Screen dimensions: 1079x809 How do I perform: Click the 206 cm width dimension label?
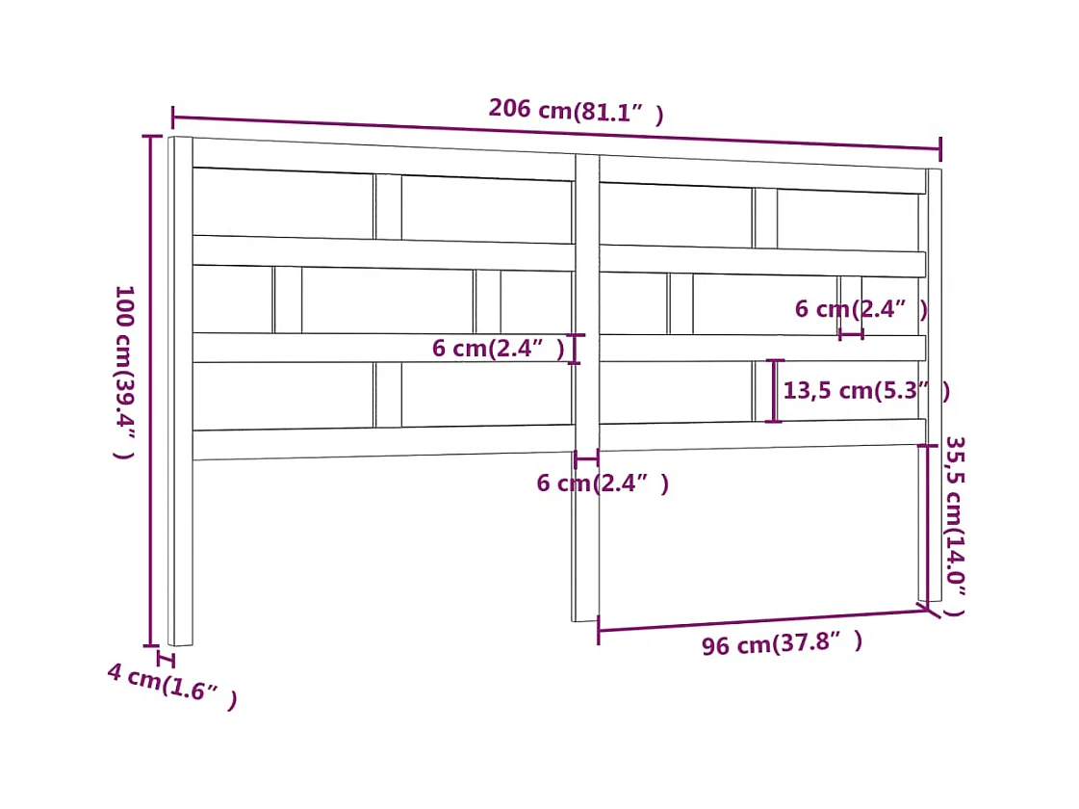coord(576,111)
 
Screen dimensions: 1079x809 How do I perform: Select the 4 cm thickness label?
coord(171,685)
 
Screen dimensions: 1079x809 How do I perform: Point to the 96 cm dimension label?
coord(781,642)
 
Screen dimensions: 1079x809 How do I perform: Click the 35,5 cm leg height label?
coord(953,526)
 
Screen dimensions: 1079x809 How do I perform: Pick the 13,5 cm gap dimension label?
coord(865,390)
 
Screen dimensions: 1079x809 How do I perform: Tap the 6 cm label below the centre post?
coord(602,483)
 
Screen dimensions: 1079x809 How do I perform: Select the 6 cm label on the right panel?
coord(861,309)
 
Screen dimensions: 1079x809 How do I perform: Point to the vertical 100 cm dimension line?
coord(151,390)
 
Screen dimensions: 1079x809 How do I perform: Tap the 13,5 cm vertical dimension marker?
coord(774,391)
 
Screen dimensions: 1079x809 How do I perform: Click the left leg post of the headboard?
coord(181,549)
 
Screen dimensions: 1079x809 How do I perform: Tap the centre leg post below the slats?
coord(585,539)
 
